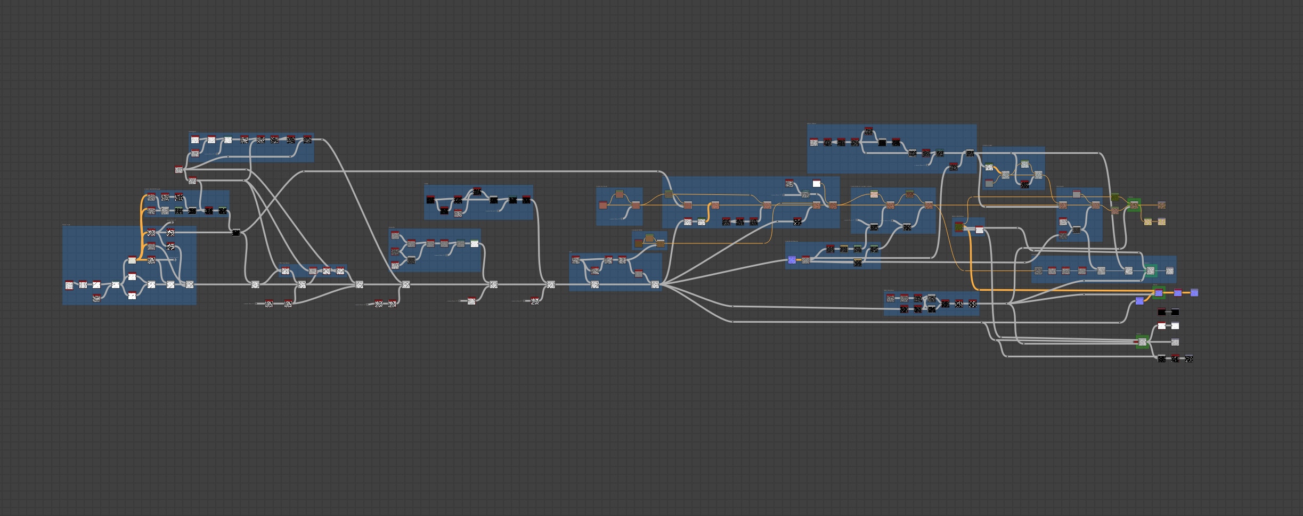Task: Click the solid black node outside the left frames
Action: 236,232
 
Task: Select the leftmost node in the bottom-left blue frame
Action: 69,285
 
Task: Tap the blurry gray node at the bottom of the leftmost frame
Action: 96,298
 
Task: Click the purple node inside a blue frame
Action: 792,260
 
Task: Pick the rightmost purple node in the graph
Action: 1194,292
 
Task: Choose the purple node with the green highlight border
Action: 1159,293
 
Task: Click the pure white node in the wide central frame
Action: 817,184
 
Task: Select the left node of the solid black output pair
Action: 1162,312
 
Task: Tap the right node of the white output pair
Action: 1175,326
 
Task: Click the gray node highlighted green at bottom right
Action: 1142,342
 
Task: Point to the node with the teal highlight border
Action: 1151,271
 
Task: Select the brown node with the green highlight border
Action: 1134,205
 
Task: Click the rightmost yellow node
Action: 1161,222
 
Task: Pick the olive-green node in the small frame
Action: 959,227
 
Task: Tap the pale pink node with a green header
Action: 874,194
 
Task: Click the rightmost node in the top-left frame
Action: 307,140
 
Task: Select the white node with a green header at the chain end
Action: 475,243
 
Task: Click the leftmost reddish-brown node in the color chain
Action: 603,205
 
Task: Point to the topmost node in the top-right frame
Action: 869,131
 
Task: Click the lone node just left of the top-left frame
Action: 179,170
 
